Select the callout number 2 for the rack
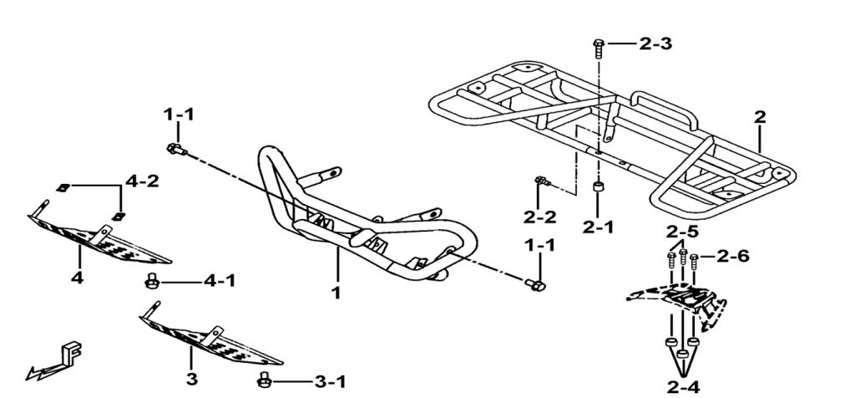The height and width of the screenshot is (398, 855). click(759, 118)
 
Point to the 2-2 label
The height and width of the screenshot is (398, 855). click(540, 217)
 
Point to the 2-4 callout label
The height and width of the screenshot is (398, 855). click(683, 387)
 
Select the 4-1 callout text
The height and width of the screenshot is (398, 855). click(219, 282)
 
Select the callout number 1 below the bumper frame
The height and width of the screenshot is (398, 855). click(336, 293)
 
